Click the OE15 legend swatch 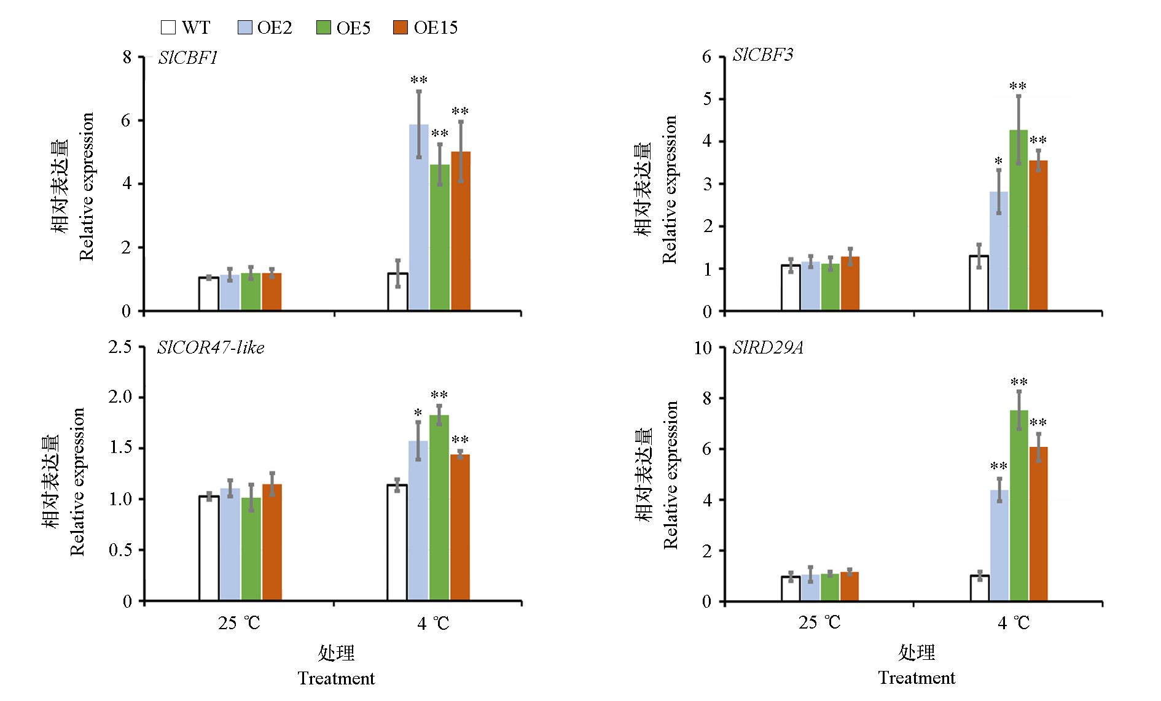(401, 28)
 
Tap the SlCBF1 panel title (188, 58)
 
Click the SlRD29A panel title (768, 348)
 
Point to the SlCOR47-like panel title (211, 348)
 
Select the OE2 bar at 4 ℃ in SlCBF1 (419, 218)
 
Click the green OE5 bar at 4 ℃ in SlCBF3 (1018, 220)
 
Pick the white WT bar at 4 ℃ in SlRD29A (980, 588)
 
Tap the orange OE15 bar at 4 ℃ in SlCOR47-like (460, 527)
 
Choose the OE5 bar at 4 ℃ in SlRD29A (1019, 506)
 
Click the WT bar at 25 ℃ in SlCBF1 (209, 294)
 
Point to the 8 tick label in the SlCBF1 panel (127, 58)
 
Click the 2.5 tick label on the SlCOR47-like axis (120, 347)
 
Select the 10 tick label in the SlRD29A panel (703, 349)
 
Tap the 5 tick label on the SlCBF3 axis (707, 99)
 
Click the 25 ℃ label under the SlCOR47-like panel (239, 624)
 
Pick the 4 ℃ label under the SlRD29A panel (1014, 624)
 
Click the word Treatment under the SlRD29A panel (917, 678)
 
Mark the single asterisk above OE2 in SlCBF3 (999, 161)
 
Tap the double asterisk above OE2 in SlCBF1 (419, 80)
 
